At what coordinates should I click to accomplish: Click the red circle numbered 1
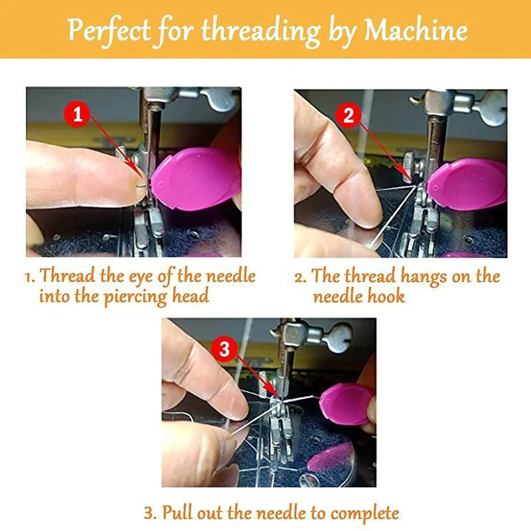[78, 114]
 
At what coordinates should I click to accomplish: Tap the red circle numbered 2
[349, 117]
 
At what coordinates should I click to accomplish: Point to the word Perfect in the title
[108, 31]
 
